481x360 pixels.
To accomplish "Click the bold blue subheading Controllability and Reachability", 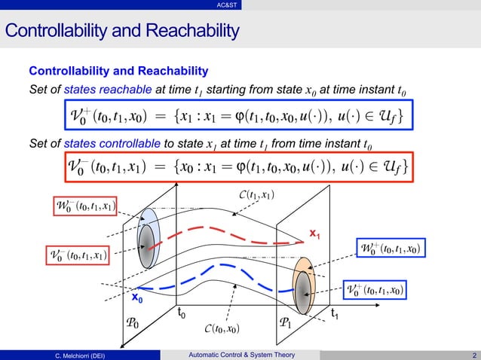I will pyautogui.click(x=118, y=72).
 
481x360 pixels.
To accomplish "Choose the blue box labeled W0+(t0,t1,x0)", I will pyautogui.click(x=389, y=248).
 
